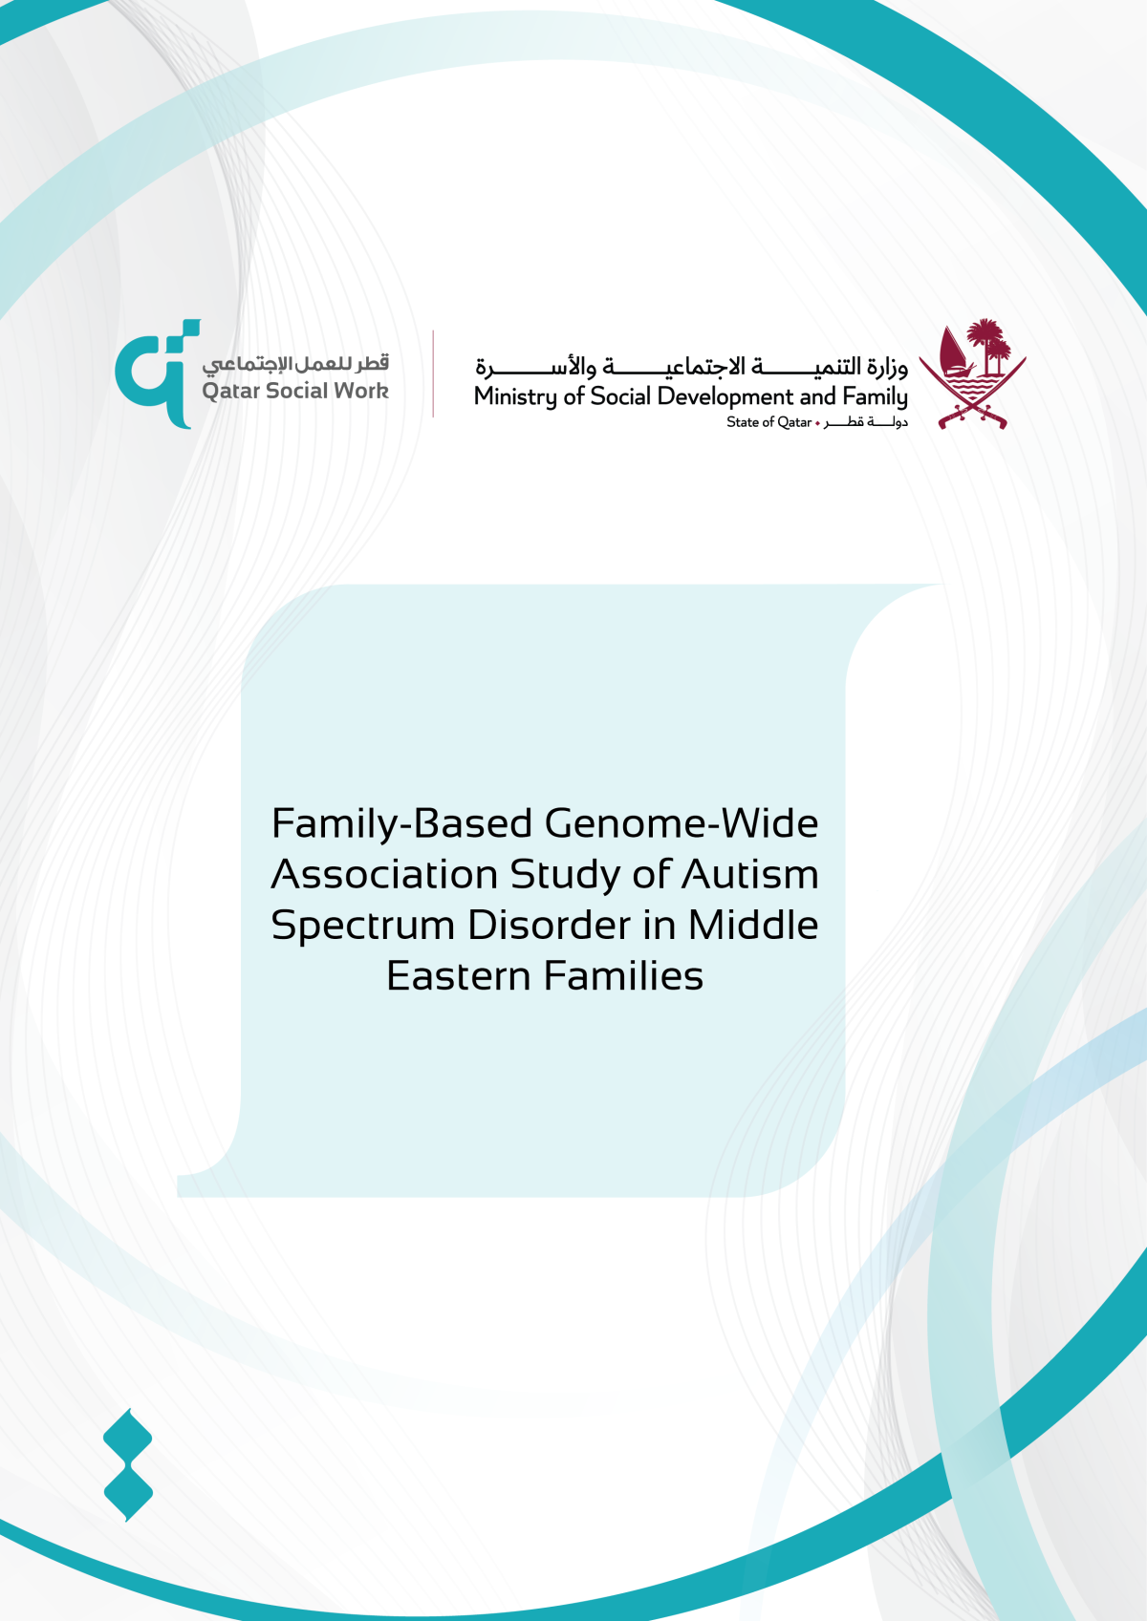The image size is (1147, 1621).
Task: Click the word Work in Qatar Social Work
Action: [x=360, y=391]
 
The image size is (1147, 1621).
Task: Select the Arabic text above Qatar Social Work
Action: [x=295, y=363]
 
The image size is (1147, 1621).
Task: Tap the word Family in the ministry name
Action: [x=875, y=396]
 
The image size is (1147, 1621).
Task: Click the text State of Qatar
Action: [x=768, y=422]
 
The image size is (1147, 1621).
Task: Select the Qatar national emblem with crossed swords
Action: [x=972, y=375]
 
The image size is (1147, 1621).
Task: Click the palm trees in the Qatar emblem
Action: [x=989, y=345]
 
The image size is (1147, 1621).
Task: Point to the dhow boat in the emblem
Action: [x=952, y=354]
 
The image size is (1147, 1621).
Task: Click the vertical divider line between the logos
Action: [x=433, y=373]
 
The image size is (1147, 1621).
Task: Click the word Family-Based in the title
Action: [x=401, y=823]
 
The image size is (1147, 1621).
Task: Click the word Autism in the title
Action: [x=750, y=874]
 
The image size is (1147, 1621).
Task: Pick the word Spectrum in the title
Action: [x=362, y=925]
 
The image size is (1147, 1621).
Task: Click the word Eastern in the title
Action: [x=459, y=976]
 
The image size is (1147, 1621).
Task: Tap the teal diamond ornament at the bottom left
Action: [x=128, y=1463]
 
